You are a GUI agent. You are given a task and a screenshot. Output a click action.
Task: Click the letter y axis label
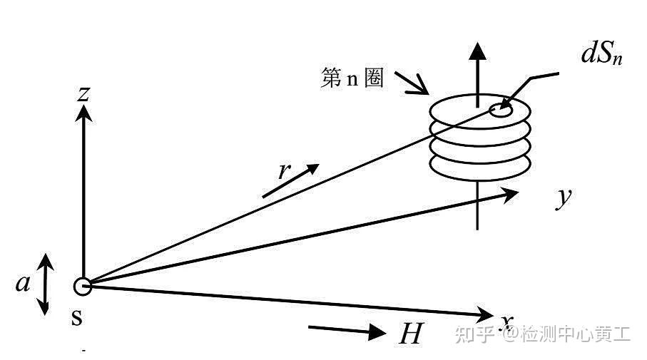pos(564,197)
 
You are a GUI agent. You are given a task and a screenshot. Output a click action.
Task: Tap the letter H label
pos(410,333)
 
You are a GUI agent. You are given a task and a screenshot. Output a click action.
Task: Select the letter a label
pos(23,284)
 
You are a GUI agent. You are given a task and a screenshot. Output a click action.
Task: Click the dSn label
pos(601,56)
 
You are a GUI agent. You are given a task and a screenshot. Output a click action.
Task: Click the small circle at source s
pos(83,287)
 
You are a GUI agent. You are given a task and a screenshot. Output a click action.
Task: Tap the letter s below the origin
pos(77,318)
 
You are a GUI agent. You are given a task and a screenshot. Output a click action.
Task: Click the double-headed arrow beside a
pos(44,284)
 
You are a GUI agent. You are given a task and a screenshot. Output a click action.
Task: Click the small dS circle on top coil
pos(501,110)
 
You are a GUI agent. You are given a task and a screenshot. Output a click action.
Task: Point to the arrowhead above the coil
pos(477,50)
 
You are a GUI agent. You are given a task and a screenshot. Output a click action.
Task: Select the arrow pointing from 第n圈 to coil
pos(413,83)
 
